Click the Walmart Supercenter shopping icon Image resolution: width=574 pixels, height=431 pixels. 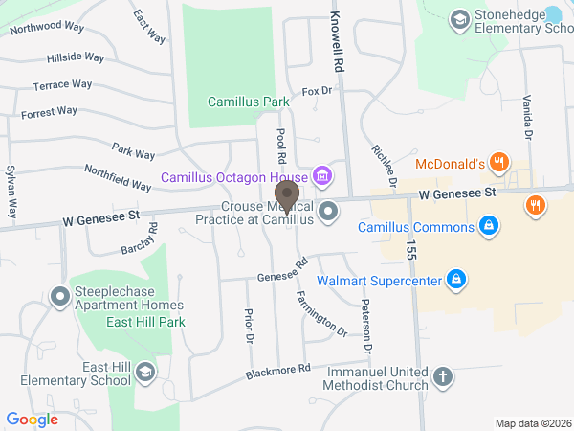pos(457,280)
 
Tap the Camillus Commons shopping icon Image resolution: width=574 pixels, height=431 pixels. pos(489,227)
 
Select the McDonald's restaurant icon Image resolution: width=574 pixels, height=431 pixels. pos(497,163)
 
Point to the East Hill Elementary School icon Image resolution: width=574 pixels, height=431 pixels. pos(145,373)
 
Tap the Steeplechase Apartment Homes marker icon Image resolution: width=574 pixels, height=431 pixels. pos(59,299)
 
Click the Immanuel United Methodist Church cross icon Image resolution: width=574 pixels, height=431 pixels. pos(442,376)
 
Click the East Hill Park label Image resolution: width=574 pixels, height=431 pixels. pos(146,323)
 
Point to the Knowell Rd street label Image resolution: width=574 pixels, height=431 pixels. pos(337,44)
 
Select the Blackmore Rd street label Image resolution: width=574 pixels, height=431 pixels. pos(278,369)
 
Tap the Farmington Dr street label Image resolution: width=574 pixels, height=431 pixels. pos(322,313)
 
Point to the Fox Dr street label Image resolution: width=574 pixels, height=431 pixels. pos(317,91)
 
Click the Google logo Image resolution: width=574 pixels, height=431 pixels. pos(32,420)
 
